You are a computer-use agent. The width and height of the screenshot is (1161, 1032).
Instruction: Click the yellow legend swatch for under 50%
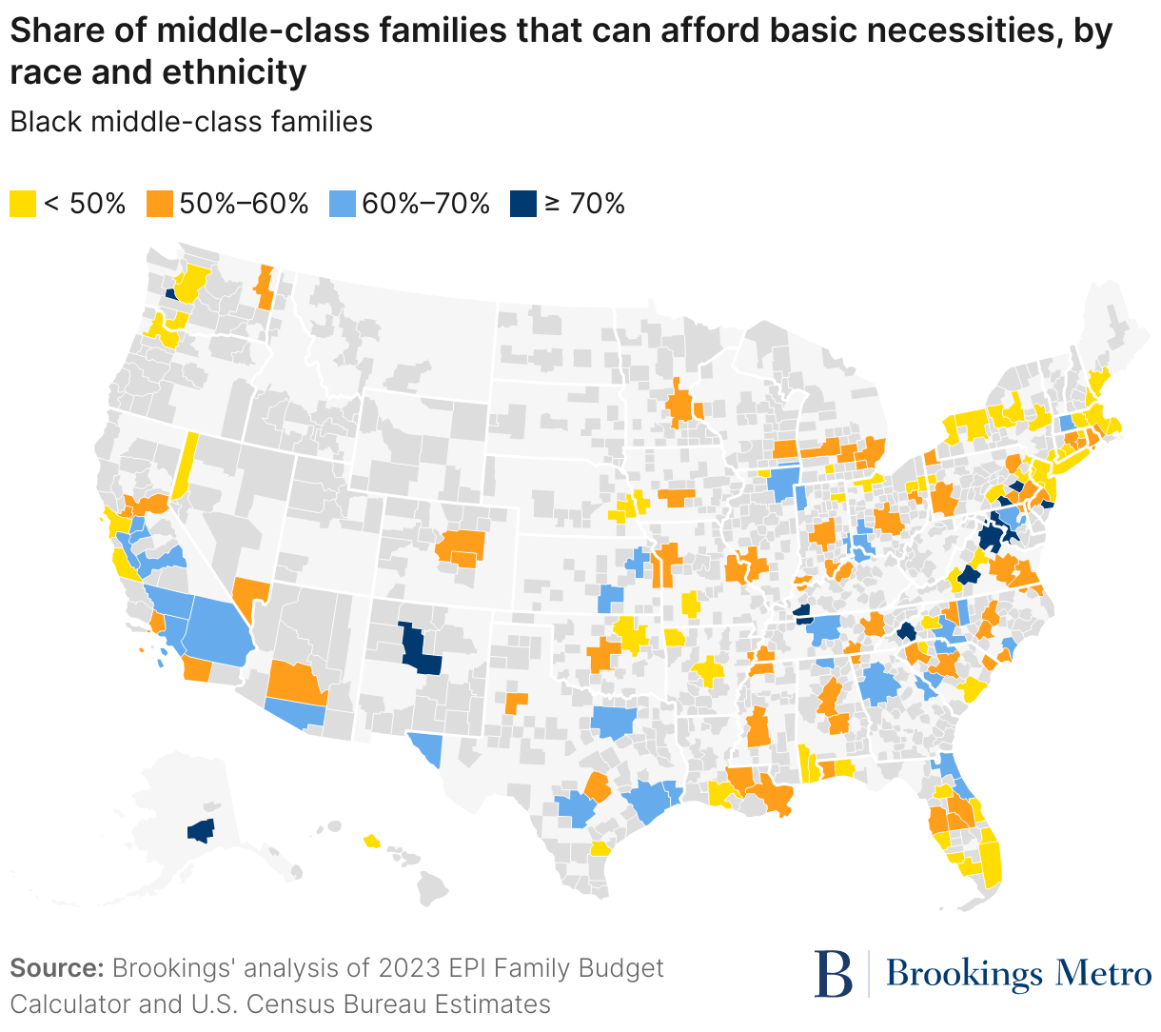[23, 203]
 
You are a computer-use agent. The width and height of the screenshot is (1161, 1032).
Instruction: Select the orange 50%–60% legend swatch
[159, 203]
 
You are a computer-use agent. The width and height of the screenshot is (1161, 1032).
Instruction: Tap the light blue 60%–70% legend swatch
[342, 203]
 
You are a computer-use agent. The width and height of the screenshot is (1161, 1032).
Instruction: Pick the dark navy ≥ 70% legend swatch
[522, 203]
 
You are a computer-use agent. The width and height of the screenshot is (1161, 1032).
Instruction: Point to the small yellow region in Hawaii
[371, 841]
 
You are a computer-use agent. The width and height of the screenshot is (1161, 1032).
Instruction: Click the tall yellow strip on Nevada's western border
[185, 466]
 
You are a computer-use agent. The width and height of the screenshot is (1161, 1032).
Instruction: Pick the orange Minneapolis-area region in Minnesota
[681, 407]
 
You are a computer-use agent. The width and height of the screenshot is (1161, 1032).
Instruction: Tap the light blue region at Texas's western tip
[428, 747]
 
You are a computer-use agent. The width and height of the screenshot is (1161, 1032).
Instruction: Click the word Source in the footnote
[55, 968]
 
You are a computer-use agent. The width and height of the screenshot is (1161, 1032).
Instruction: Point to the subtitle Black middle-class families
[191, 122]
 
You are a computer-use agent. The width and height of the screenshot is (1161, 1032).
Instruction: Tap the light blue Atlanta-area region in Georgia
[880, 685]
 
